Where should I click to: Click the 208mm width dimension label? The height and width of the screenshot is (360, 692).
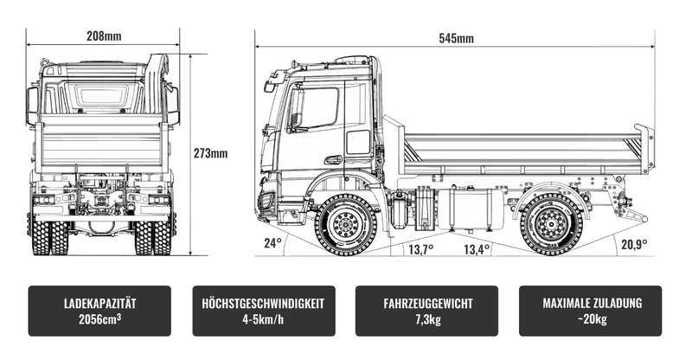point(104,35)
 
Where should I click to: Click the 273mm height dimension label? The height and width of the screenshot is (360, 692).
point(210,153)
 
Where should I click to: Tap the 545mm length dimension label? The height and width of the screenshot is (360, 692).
point(457,38)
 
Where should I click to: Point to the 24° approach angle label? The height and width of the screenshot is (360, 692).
point(272,243)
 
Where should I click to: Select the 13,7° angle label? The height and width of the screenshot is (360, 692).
point(420,249)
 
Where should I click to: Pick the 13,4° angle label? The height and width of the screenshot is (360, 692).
point(477,249)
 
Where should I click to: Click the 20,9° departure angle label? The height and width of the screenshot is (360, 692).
point(634,244)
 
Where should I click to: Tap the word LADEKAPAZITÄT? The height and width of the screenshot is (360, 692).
point(99,304)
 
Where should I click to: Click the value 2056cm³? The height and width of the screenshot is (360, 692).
point(99,319)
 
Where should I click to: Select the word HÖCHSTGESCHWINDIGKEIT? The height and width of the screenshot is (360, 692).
point(264,304)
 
